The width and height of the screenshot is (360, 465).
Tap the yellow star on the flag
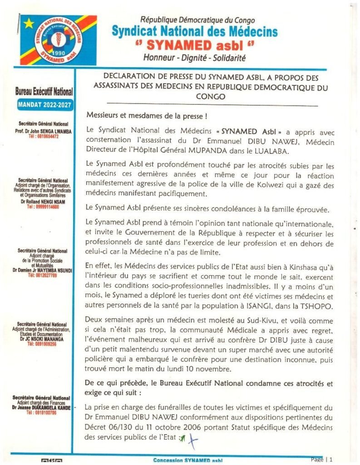pos(29,22)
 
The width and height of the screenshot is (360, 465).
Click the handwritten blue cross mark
pos(193,438)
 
